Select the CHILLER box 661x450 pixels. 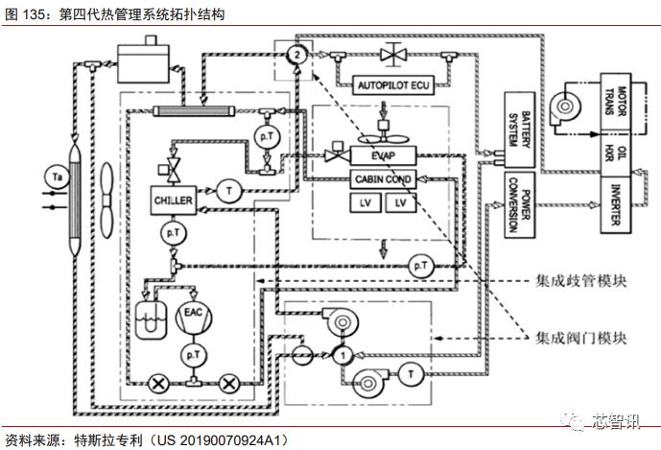pos(174,200)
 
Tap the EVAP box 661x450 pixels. pos(383,155)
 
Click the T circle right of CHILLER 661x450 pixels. pos(231,191)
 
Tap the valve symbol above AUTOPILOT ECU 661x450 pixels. pos(390,54)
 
